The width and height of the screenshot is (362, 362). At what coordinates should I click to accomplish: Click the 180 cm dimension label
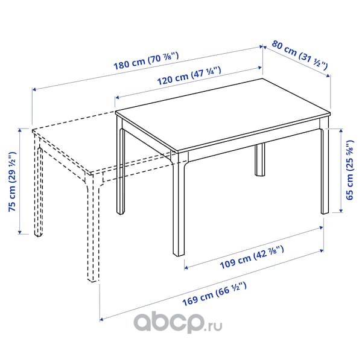click(146, 60)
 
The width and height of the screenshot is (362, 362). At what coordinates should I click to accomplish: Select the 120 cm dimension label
click(189, 75)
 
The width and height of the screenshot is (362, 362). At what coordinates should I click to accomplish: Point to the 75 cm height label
click(12, 182)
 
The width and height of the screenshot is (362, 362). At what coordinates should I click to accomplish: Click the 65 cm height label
click(349, 170)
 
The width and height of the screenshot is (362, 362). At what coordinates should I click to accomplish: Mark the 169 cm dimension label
click(214, 294)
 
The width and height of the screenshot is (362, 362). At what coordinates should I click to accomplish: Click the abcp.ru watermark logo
click(178, 323)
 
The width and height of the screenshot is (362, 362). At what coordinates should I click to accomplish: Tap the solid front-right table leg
click(325, 171)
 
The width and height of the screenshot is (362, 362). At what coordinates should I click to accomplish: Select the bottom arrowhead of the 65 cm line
click(340, 211)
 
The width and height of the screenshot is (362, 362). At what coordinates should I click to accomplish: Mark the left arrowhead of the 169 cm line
click(101, 319)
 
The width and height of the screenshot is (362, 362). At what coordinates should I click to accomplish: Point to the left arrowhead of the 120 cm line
click(117, 97)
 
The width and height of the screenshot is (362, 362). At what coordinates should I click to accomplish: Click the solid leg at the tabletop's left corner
click(120, 165)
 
